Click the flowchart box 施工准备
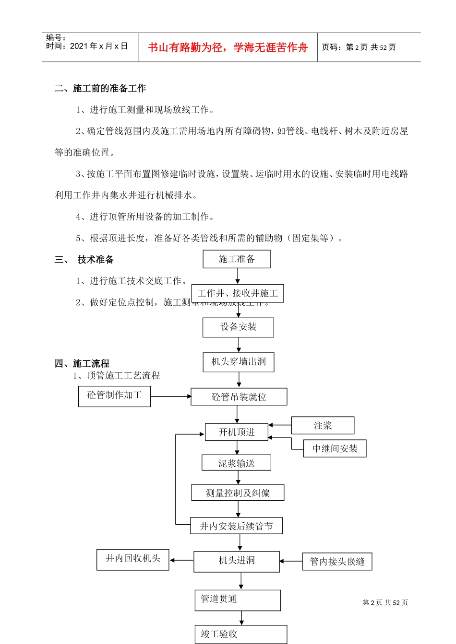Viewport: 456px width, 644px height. [x=237, y=259]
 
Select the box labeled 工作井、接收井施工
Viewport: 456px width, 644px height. [x=238, y=293]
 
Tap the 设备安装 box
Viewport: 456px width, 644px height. [x=238, y=327]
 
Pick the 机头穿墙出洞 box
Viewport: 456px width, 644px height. [x=239, y=362]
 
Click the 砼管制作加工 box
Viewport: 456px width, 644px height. [x=114, y=396]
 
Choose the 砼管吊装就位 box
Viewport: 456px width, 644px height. [x=239, y=397]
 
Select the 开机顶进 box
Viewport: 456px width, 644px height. [x=237, y=432]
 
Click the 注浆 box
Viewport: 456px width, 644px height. [x=323, y=425]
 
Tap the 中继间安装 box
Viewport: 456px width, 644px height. [x=335, y=448]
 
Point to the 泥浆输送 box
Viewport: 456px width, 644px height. [x=236, y=463]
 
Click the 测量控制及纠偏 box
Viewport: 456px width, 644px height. [x=238, y=493]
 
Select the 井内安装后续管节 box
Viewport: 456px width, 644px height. [x=236, y=526]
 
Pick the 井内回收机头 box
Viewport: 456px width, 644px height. [x=132, y=559]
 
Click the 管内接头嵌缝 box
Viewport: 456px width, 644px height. [x=337, y=562]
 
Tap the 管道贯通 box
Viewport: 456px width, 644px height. [x=238, y=600]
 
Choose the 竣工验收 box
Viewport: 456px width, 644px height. [x=240, y=634]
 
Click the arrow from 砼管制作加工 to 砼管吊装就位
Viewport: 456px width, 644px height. [x=170, y=396]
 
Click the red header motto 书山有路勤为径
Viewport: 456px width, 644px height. [x=185, y=47]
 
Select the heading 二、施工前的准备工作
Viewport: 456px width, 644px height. [x=100, y=88]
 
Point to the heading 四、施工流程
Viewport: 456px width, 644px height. [x=82, y=364]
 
